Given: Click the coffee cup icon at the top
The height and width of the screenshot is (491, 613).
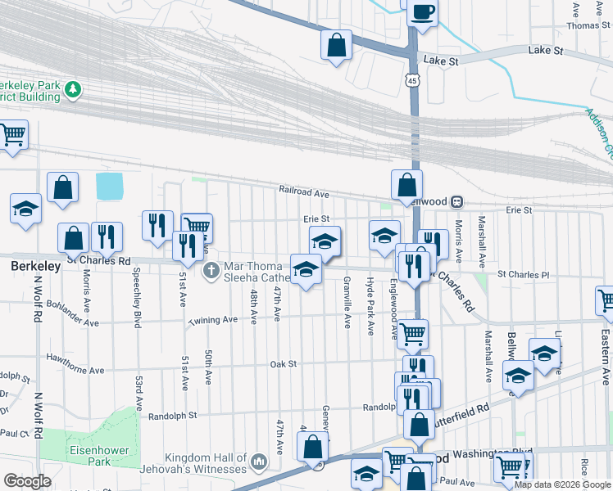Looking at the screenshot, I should coord(423,12).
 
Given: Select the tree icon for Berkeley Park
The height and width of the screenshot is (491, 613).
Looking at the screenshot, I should coord(74,88).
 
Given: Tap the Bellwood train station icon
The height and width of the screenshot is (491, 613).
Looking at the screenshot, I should coord(457,201).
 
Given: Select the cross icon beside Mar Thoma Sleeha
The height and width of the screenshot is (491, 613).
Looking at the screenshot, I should coord(211,268).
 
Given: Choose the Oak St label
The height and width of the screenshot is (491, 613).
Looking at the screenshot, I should coord(282,363).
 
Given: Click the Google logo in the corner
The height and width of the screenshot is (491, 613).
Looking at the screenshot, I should coord(27,481).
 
